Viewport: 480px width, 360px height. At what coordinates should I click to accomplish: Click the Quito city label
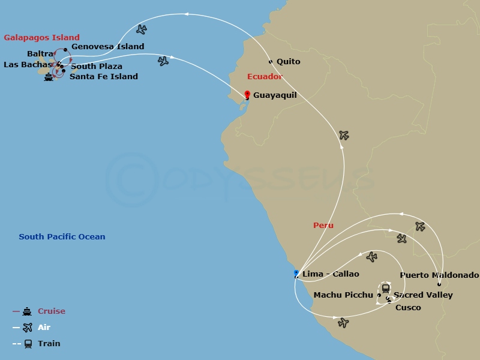point(289,62)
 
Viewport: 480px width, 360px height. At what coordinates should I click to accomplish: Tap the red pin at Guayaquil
point(247,94)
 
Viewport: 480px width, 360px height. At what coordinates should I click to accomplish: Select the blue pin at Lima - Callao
point(296,274)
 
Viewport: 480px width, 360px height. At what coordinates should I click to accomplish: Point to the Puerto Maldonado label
point(439,275)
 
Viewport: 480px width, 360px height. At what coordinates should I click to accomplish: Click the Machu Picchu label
point(343,295)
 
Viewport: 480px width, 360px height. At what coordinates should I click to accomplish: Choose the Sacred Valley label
point(423,295)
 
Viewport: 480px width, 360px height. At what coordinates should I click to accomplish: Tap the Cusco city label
point(408,308)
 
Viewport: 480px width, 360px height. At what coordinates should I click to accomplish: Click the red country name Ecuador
point(265,77)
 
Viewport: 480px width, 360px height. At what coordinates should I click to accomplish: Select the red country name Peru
point(323,226)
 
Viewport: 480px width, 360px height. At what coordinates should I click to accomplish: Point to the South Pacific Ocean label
point(62,237)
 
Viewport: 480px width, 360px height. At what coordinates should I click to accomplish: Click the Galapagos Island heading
point(41,38)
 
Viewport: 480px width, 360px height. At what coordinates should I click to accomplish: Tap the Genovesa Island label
point(107,47)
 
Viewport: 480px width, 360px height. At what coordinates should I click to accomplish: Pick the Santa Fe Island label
point(104,77)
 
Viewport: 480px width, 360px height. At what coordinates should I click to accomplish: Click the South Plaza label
point(97,67)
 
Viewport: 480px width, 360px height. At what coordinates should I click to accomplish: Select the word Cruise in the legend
point(52,311)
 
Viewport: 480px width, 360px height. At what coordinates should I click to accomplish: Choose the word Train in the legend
point(49,344)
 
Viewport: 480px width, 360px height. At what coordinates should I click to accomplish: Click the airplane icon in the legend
point(27,328)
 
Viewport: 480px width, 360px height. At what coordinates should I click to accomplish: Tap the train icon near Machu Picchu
point(385,288)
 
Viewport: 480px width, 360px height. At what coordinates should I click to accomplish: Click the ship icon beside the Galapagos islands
point(49,77)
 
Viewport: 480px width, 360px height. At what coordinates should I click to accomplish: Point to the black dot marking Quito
point(271,62)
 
